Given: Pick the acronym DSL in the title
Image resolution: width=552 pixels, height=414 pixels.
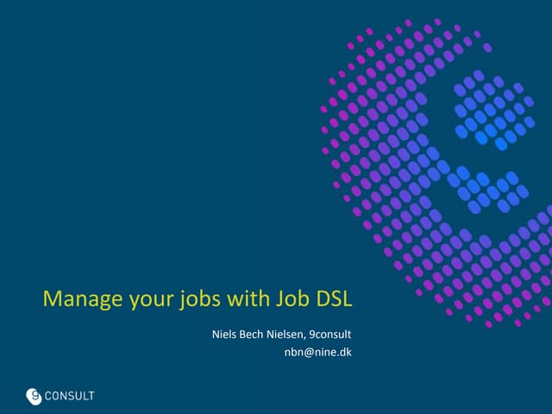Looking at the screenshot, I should pos(336,300).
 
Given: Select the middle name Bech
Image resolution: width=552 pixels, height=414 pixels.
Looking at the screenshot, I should pos(255,334).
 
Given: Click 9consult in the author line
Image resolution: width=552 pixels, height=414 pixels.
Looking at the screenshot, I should pos(331,334).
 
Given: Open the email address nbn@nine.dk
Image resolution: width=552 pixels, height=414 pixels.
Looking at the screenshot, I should pos(317,352).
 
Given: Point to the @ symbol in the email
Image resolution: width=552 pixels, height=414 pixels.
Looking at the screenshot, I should pos(307,352).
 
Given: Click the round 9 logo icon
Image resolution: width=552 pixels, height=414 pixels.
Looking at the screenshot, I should pos(34,396).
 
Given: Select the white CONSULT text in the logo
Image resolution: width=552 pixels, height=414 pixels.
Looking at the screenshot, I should pos(71,397).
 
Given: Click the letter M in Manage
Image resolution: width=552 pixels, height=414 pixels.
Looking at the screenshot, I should pos(51,300).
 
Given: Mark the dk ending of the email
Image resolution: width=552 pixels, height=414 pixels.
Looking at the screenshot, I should pos(345,352).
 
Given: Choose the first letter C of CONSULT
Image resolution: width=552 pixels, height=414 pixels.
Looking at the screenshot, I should pos(50,397).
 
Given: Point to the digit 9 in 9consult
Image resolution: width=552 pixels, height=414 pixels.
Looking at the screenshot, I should pos(312,334).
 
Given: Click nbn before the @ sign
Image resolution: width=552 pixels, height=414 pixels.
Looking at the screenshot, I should pos(293,352).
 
